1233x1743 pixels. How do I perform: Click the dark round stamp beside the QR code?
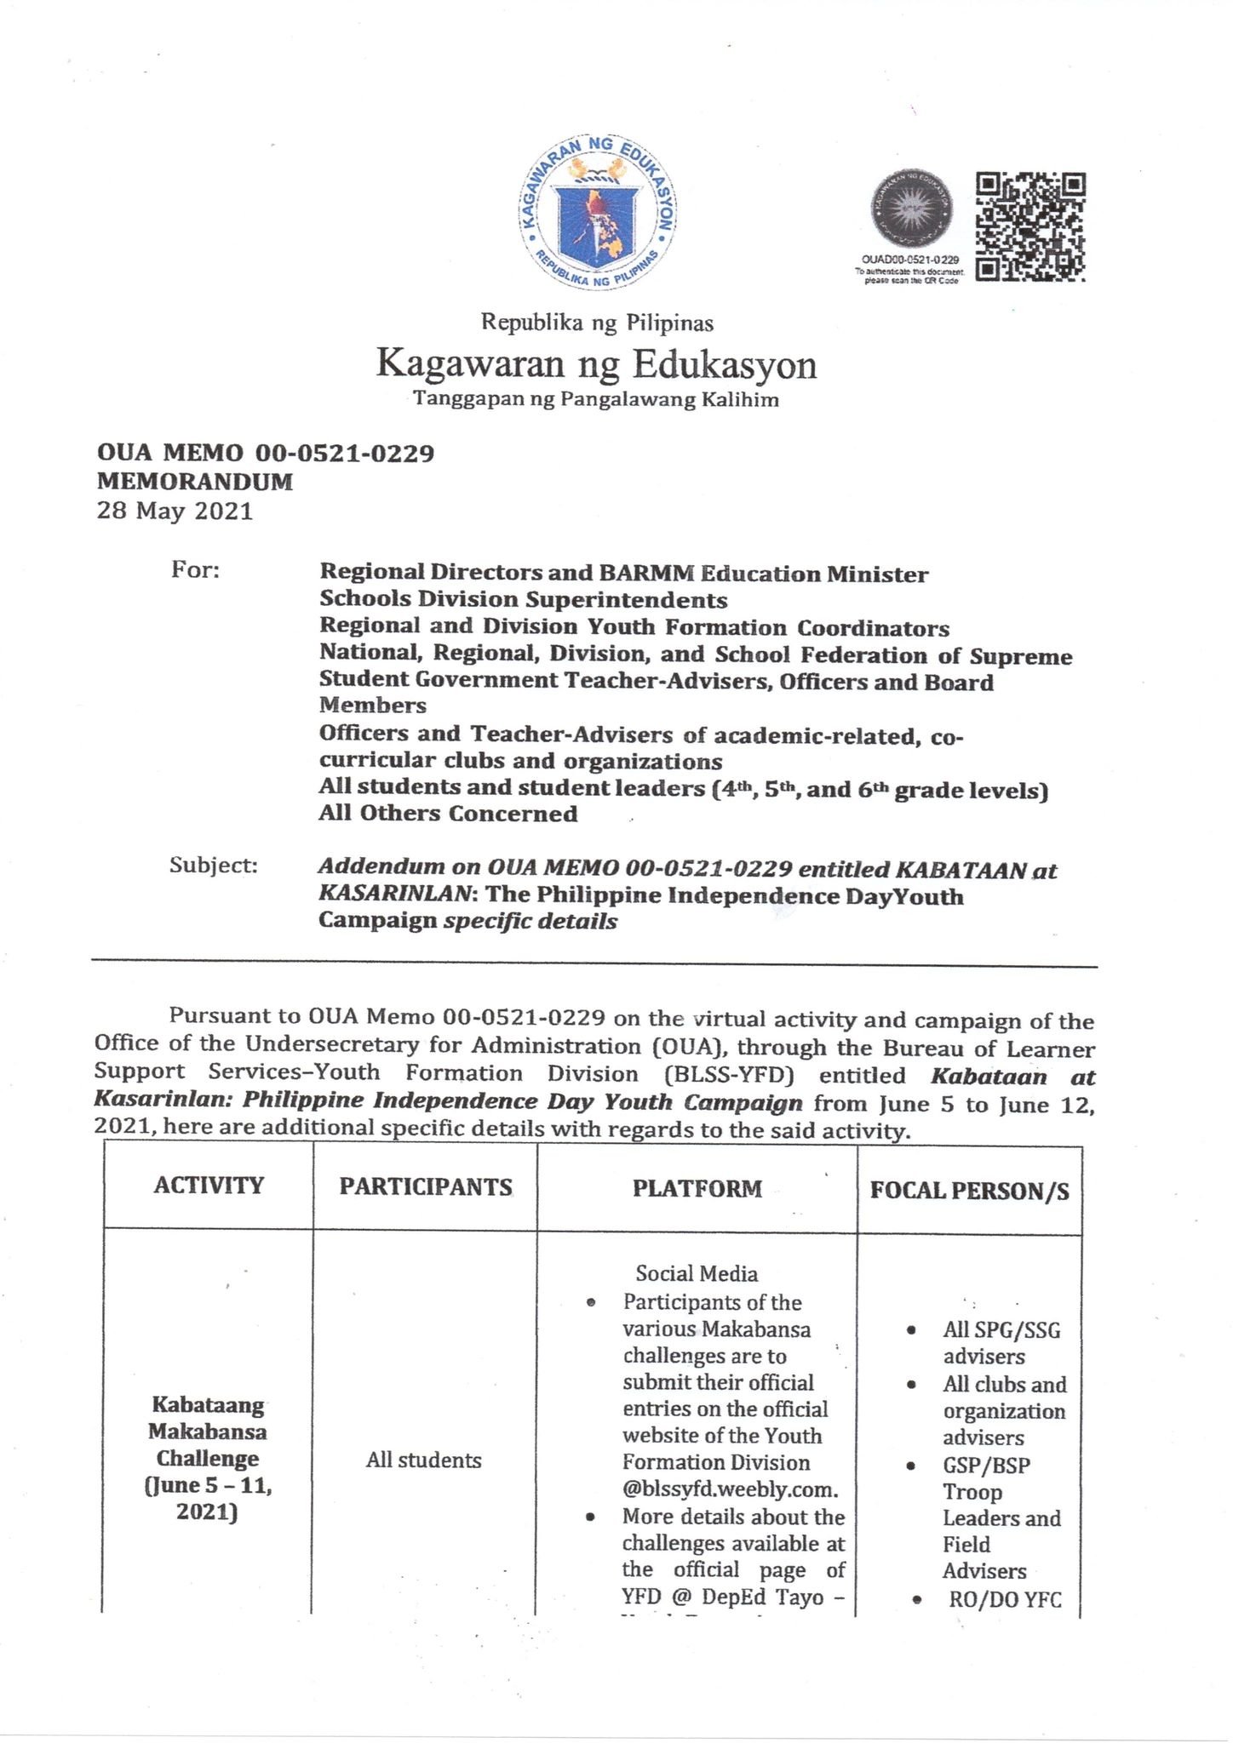(910, 209)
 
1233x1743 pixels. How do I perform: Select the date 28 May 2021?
(175, 511)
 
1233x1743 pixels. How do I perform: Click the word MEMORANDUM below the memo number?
(195, 482)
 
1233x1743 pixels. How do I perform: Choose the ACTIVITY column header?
(209, 1186)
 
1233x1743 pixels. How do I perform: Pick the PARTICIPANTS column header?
(426, 1186)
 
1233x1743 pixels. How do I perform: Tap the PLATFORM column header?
(697, 1188)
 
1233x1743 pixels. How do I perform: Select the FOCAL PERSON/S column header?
(969, 1190)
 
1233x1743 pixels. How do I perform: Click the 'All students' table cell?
(423, 1460)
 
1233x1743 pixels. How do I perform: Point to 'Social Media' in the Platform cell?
(697, 1274)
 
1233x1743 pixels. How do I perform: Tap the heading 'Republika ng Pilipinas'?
(597, 323)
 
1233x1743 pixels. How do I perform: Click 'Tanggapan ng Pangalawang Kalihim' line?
(596, 400)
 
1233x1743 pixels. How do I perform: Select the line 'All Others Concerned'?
(448, 814)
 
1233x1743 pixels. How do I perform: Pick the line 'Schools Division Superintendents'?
(523, 600)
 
